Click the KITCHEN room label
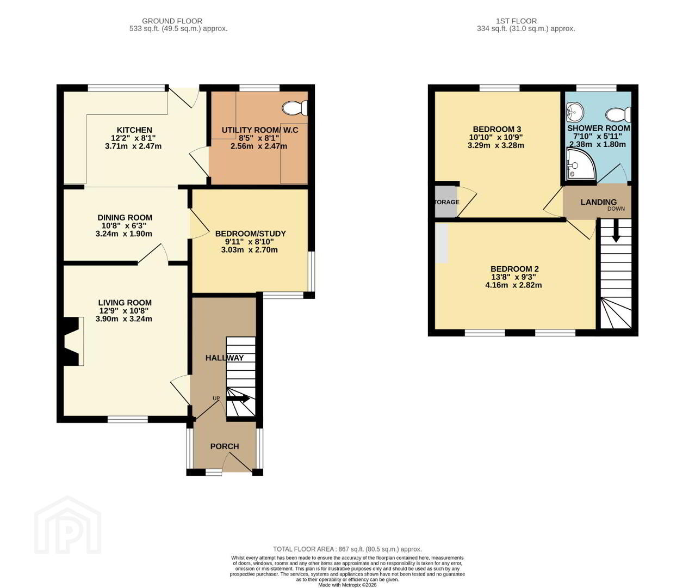coord(134,130)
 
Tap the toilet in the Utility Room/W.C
coord(295,108)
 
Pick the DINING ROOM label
coord(125,218)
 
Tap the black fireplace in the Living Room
coord(71,342)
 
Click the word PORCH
coord(225,446)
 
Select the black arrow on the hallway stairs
coord(238,399)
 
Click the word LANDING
coord(598,202)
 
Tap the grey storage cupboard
coord(446,201)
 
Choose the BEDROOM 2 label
coord(514,269)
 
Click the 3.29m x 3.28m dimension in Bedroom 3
coord(495,146)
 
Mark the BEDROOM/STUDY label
coord(250,234)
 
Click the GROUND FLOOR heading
coord(172,21)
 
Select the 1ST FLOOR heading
coord(516,21)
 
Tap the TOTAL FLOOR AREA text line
coord(347,549)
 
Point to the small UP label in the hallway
coord(216,399)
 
